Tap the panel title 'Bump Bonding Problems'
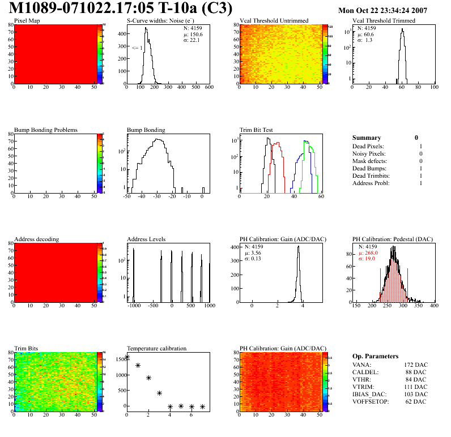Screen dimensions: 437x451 (x=45, y=130)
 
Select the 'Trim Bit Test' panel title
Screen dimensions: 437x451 (x=257, y=130)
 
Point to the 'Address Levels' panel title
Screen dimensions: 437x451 (x=146, y=239)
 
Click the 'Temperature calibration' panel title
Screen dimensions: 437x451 (x=156, y=348)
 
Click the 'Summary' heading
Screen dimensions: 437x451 (x=367, y=138)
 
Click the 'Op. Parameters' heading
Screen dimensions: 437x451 (x=375, y=356)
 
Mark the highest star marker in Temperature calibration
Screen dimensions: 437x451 (x=127, y=357)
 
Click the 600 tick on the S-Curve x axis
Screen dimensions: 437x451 (x=209, y=88)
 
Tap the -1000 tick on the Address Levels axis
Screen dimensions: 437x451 (x=134, y=306)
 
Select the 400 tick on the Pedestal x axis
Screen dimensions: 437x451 (x=434, y=306)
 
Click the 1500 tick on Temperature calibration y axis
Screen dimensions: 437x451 (x=120, y=359)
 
